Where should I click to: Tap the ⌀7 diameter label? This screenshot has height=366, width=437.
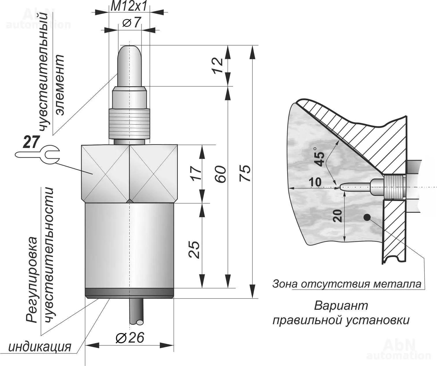pyautogui.click(x=132, y=22)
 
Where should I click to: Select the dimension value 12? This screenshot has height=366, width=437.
pyautogui.click(x=218, y=65)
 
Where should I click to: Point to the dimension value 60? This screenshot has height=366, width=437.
pyautogui.click(x=221, y=174)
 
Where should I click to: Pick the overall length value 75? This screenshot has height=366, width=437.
pyautogui.click(x=245, y=173)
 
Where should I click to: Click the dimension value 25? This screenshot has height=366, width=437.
pyautogui.click(x=194, y=250)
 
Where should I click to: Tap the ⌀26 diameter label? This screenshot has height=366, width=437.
pyautogui.click(x=130, y=337)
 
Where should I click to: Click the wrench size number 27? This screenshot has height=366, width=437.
pyautogui.click(x=31, y=142)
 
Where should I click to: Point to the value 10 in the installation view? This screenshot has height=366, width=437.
pyautogui.click(x=315, y=182)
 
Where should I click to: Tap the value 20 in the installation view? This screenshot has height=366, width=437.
pyautogui.click(x=337, y=216)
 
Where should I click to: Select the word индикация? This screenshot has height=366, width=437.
pyautogui.click(x=40, y=347)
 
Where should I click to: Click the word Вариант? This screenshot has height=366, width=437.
pyautogui.click(x=341, y=306)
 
